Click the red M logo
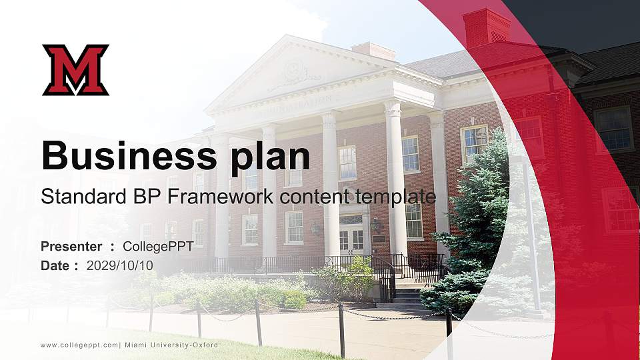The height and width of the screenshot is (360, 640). pyautogui.click(x=75, y=70)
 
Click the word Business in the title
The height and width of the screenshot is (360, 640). pyautogui.click(x=129, y=155)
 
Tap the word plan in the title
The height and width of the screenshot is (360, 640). pyautogui.click(x=270, y=159)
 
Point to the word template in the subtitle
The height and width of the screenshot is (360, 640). pyautogui.click(x=395, y=197)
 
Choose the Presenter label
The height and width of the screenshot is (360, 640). pyautogui.click(x=71, y=247)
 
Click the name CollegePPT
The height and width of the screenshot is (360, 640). pyautogui.click(x=158, y=247)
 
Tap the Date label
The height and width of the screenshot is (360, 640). pyautogui.click(x=55, y=266)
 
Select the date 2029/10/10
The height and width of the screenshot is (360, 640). pyautogui.click(x=119, y=266)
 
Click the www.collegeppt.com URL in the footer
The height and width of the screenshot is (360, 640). pyautogui.click(x=79, y=345)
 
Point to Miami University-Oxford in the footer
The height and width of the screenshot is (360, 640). pyautogui.click(x=171, y=345)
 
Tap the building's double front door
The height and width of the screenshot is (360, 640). pyautogui.click(x=352, y=239)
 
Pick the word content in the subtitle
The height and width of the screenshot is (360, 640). pyautogui.click(x=314, y=197)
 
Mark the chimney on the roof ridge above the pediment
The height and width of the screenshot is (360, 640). pyautogui.click(x=373, y=51)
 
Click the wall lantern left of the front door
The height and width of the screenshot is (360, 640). pyautogui.click(x=315, y=228)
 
